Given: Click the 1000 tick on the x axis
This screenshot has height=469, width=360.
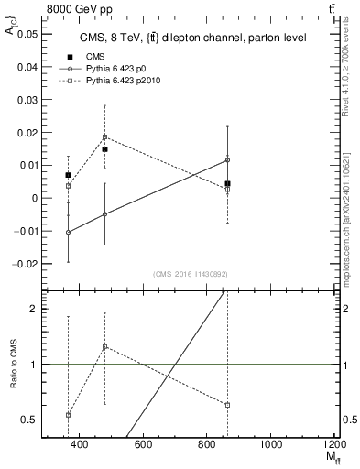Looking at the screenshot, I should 271,444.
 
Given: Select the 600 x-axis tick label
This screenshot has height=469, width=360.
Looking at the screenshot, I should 143,444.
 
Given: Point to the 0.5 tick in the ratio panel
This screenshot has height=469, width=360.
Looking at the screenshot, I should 31,420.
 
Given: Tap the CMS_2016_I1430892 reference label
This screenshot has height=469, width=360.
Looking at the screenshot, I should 190,274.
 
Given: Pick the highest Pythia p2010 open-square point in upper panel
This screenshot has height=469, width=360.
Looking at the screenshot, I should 104,137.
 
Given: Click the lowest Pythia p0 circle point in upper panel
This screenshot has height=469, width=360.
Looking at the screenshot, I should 69,233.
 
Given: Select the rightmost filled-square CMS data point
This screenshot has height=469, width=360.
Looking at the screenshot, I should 227,183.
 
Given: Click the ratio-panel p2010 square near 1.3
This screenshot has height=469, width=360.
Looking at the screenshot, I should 105,346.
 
